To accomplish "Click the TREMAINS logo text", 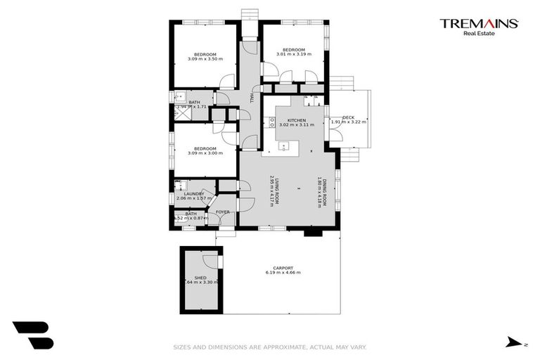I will (479, 23).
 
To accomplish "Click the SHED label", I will (200, 278).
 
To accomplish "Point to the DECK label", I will (348, 117).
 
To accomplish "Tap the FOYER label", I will (222, 212).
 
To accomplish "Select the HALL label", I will (252, 99).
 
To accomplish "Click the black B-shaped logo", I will (33, 335).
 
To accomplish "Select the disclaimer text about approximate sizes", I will (270, 347).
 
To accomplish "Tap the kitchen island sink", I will (284, 146).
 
